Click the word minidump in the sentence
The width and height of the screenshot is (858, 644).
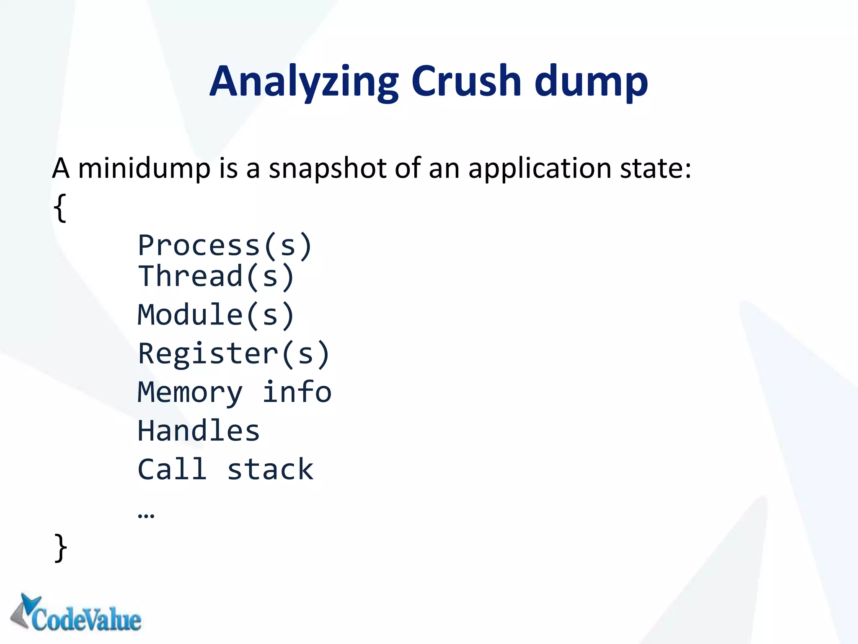(x=145, y=169)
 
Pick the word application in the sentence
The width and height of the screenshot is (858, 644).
(x=540, y=169)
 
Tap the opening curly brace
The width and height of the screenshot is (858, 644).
(x=60, y=208)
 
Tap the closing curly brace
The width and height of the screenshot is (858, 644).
(x=61, y=548)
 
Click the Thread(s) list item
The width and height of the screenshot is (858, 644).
(x=216, y=276)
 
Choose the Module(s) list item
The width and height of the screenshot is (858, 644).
(x=216, y=315)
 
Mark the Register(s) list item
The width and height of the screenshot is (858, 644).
(x=234, y=354)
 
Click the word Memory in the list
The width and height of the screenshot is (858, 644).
(x=190, y=393)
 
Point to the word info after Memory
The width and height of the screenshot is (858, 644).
(x=297, y=392)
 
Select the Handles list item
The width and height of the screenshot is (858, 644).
(x=199, y=431)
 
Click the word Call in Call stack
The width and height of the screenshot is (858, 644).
(x=172, y=469)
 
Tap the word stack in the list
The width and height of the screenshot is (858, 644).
(x=270, y=470)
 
